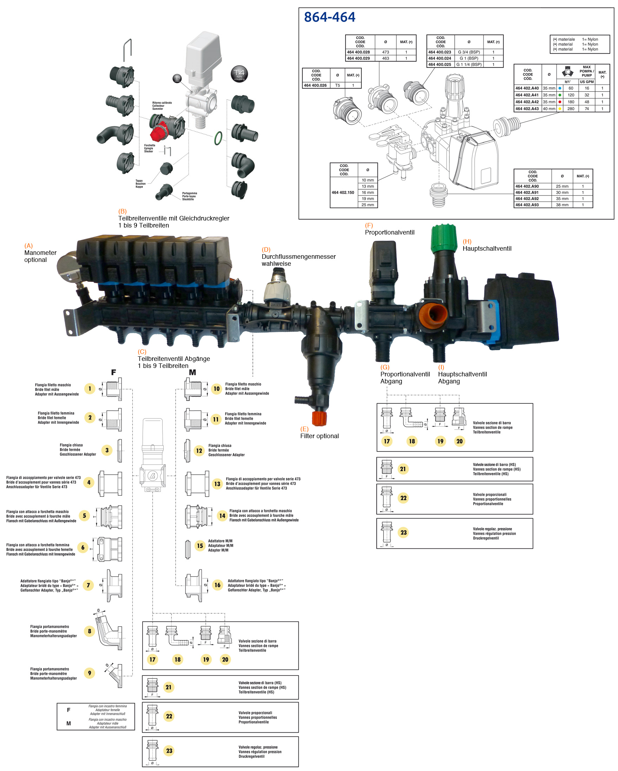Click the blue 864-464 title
(329, 17)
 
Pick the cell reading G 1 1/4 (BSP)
(468, 65)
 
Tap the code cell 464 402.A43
(527, 109)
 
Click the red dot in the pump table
(560, 102)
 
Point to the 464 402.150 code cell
(343, 192)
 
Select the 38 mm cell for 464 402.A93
(562, 205)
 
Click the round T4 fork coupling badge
(239, 74)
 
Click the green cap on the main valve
(444, 238)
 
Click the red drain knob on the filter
(319, 418)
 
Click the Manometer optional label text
(40, 256)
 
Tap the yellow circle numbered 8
(90, 631)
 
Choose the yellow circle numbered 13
(217, 484)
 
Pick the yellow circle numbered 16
(217, 585)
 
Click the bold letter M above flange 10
(192, 372)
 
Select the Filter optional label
(319, 436)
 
